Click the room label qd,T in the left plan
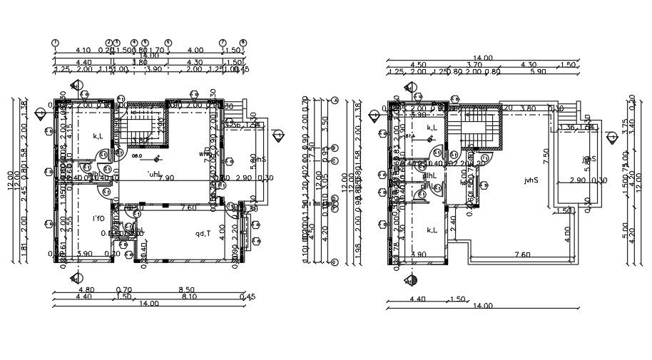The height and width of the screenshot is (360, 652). tap(203, 234)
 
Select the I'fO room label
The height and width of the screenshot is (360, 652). tap(98, 218)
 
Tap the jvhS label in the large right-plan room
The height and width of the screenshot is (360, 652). tap(530, 180)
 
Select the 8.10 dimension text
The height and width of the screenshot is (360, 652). tap(189, 297)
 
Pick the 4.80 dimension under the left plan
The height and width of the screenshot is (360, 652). tap(85, 289)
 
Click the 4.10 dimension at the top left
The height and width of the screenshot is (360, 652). tap(83, 51)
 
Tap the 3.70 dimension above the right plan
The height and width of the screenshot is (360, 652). tap(474, 65)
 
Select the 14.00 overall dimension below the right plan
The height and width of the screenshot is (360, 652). tap(482, 306)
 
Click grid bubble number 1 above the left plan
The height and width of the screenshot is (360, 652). tap(56, 43)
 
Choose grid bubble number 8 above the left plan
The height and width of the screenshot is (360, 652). tap(243, 43)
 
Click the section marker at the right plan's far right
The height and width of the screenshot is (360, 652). tap(611, 136)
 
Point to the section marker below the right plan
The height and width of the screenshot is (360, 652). tap(411, 280)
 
